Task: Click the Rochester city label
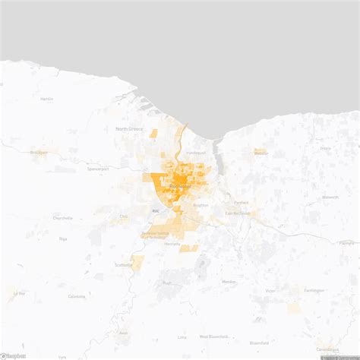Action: (179, 186)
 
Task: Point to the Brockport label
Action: (39, 152)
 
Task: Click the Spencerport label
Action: (98, 168)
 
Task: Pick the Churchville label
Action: (62, 218)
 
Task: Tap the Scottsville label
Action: (124, 264)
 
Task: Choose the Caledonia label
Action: (77, 296)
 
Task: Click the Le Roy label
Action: (19, 292)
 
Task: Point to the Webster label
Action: (261, 153)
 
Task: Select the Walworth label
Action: (330, 197)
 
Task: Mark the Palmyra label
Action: (346, 243)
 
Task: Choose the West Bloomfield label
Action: (214, 336)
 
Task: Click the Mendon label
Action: (229, 281)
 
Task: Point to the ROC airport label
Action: (156, 211)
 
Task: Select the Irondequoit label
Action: (195, 153)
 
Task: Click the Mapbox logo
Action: (14, 355)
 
